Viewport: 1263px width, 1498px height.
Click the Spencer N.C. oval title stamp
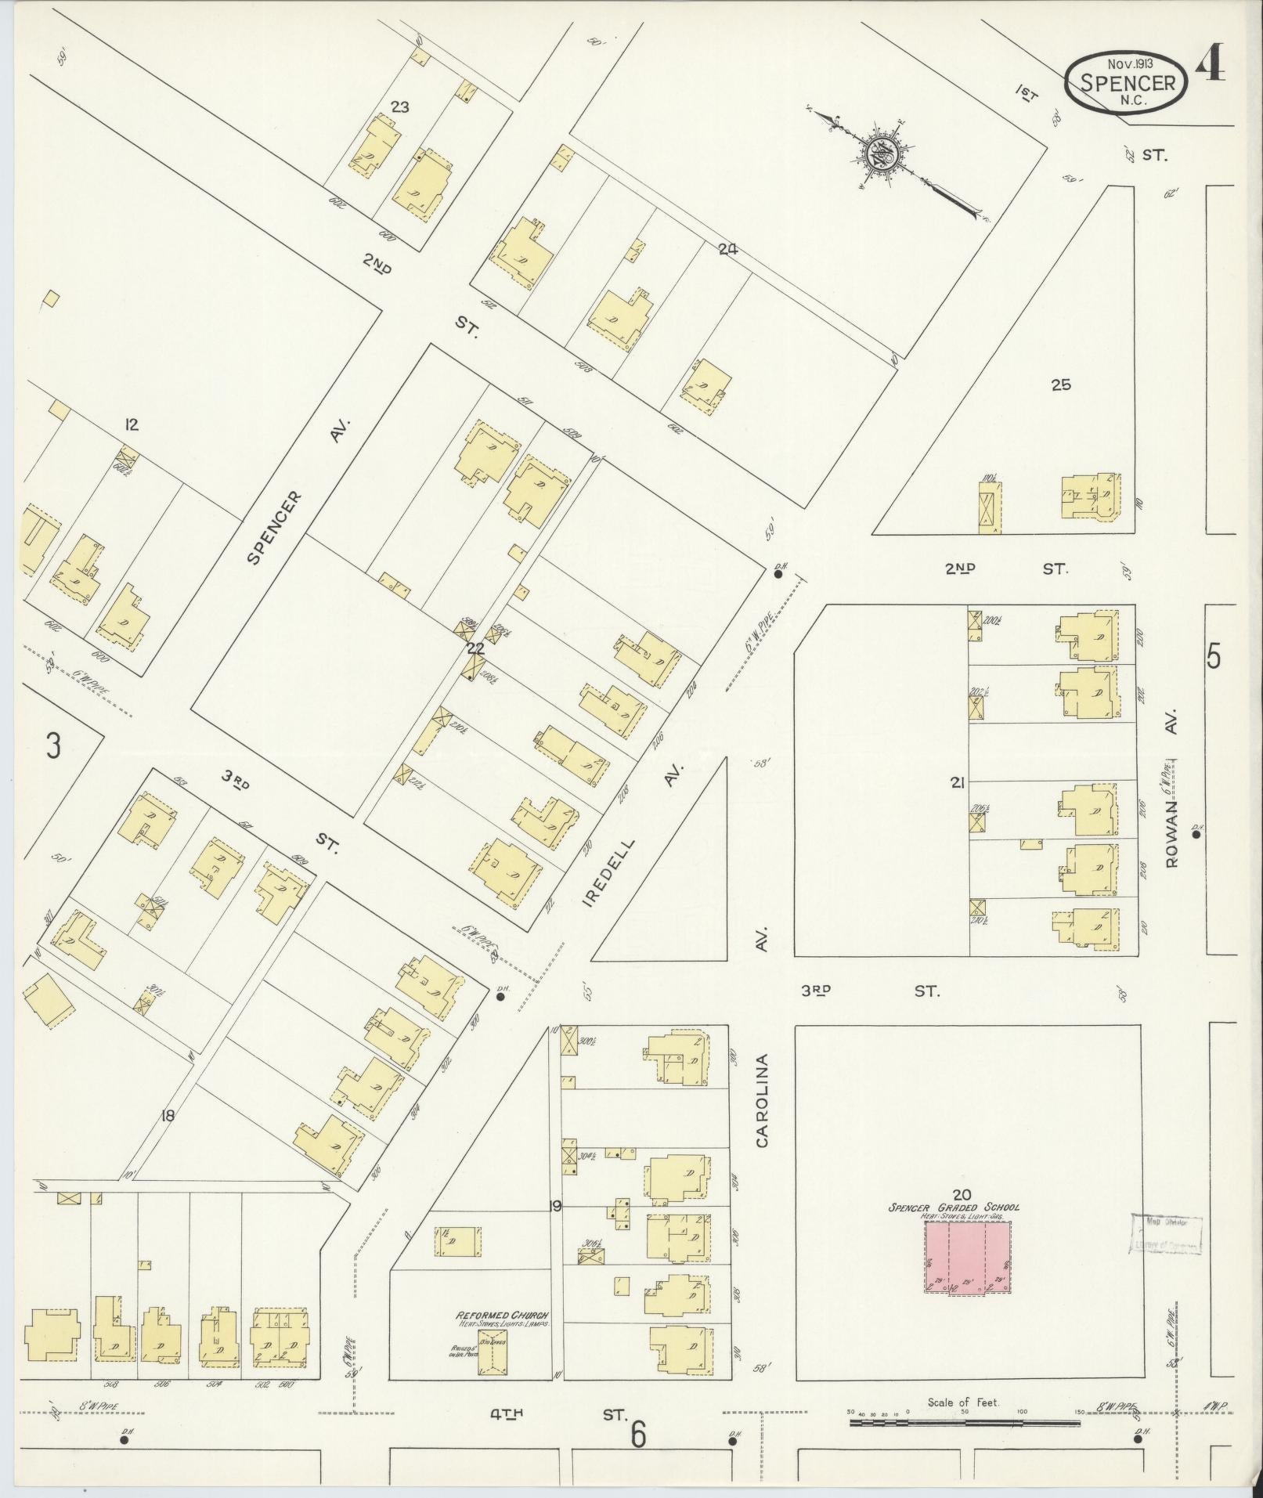[x=1127, y=81]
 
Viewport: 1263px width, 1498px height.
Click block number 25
[x=1061, y=384]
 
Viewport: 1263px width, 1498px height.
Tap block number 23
[x=399, y=107]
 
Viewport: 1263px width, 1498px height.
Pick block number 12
[x=131, y=424]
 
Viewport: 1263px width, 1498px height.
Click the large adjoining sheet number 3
[x=52, y=745]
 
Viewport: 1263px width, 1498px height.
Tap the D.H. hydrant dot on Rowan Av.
[x=1196, y=834]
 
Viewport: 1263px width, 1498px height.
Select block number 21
[x=956, y=781]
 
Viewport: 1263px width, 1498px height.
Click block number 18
[x=166, y=1117]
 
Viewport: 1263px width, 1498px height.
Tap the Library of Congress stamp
[x=1165, y=1235]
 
